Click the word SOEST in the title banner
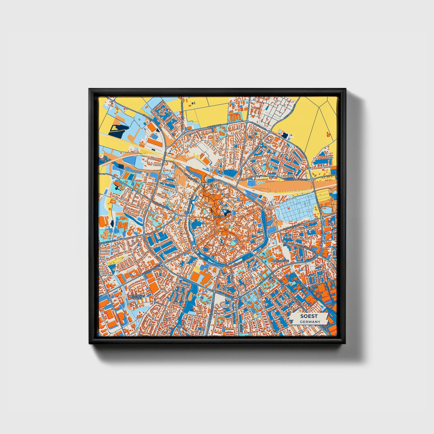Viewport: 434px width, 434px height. (x=308, y=316)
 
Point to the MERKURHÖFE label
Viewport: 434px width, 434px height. (x=280, y=261)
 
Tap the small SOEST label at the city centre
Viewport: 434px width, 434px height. (x=216, y=216)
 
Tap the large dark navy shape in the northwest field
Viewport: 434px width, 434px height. (x=117, y=131)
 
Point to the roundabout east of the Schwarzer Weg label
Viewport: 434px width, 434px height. (x=312, y=179)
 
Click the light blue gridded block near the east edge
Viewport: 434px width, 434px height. (x=297, y=208)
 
